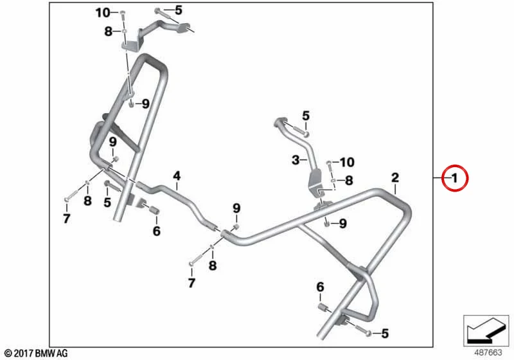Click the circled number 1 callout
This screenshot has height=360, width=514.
coord(455,178)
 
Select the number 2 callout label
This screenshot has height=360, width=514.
coord(395,177)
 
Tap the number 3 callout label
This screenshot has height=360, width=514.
coord(296,160)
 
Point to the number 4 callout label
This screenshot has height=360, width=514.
coord(177,176)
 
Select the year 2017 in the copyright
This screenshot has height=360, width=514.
coord(23,354)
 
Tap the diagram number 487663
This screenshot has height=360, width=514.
coord(488,353)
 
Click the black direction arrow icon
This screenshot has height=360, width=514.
coord(486,330)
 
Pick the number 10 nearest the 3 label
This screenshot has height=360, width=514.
coord(347,162)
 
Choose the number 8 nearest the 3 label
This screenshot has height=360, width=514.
coord(349,180)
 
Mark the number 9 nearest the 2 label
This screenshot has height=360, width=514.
coord(342,224)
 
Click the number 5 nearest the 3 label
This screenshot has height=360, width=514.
coord(306,116)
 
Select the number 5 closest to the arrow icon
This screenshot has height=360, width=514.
coord(385,334)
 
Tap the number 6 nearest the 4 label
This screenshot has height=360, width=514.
coord(157,231)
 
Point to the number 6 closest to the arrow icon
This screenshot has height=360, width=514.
coord(320,287)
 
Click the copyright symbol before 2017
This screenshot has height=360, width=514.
coord(8,354)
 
